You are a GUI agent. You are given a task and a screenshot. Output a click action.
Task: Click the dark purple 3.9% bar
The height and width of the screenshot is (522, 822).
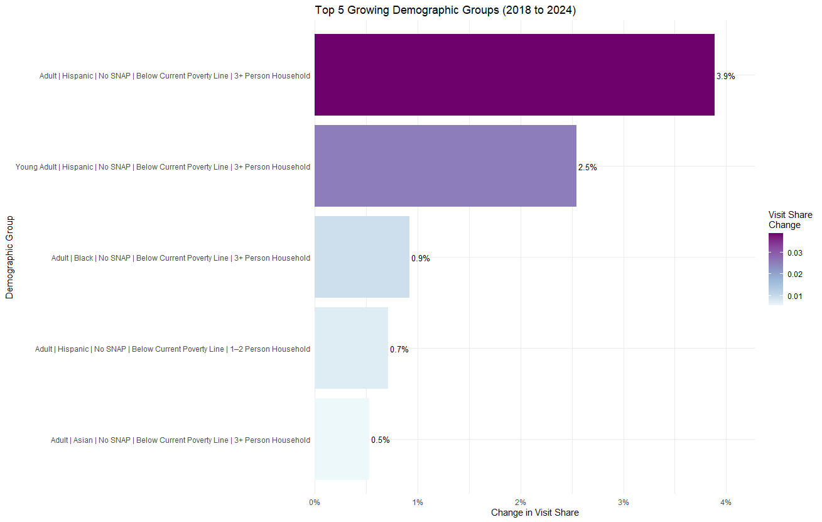tap(514, 75)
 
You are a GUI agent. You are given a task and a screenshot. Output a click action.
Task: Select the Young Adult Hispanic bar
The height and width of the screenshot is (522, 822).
tap(445, 166)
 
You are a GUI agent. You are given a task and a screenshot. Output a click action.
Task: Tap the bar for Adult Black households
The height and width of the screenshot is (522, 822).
tap(362, 257)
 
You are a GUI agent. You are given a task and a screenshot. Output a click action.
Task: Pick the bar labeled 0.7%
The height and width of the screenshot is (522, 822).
tap(351, 348)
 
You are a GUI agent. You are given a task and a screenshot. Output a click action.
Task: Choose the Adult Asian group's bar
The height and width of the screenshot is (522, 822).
tap(342, 439)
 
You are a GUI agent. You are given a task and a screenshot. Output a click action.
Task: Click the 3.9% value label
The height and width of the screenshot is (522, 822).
tap(725, 77)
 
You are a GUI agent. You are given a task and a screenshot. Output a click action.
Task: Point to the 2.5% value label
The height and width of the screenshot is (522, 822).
tap(587, 168)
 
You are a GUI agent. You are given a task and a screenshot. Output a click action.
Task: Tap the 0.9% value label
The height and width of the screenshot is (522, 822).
tap(420, 259)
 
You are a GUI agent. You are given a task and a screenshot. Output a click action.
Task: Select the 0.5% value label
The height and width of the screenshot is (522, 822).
tap(380, 440)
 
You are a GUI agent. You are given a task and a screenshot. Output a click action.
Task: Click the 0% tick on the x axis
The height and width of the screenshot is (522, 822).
tap(315, 502)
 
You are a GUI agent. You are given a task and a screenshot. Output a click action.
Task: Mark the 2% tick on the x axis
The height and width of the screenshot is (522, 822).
tap(521, 502)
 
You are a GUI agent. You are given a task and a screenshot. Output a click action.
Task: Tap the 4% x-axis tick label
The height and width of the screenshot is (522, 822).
tap(726, 502)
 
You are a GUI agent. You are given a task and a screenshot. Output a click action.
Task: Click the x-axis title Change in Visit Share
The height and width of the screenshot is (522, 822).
tap(534, 513)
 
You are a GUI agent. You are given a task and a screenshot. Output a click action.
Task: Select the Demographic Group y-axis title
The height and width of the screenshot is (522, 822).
tap(9, 257)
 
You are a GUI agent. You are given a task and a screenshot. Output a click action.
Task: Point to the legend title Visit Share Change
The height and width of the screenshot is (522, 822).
tap(790, 220)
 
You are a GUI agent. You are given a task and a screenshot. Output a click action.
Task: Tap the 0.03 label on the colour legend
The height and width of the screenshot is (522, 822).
tap(796, 253)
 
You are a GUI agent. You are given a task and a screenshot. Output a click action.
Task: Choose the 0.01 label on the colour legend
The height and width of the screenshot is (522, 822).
tap(796, 296)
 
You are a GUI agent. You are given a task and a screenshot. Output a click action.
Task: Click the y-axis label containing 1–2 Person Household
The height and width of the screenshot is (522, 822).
tap(173, 349)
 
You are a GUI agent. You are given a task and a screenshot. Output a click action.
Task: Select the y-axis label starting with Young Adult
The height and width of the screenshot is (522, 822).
tap(163, 167)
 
